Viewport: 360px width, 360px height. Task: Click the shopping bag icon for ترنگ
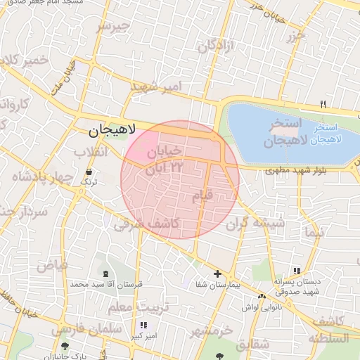point(89,172)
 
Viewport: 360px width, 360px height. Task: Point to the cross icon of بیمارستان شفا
point(217,274)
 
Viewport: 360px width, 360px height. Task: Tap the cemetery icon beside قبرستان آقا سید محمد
point(105,274)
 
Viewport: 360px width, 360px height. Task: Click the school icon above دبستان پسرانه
point(297,271)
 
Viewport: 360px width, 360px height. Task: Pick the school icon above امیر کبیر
point(144,325)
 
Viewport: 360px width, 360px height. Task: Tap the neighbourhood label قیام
point(202,196)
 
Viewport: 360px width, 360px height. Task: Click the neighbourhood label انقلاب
point(91,153)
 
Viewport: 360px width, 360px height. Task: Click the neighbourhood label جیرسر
point(112,27)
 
